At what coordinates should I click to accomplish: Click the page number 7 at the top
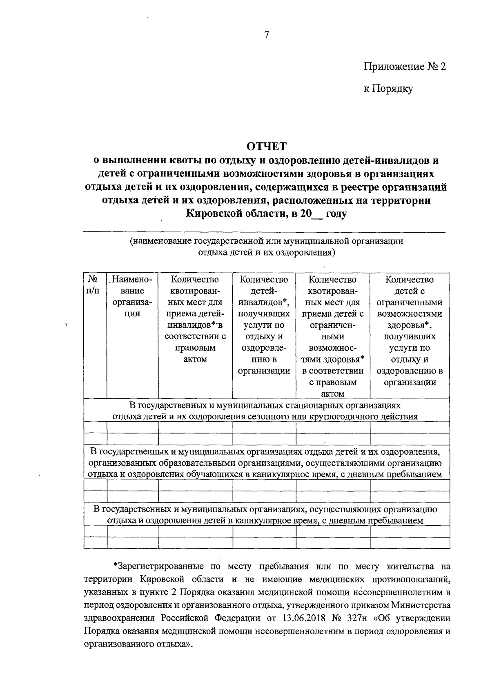266,35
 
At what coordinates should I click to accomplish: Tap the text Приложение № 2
405,67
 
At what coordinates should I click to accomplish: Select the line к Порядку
388,89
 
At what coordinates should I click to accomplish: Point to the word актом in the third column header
195,359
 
